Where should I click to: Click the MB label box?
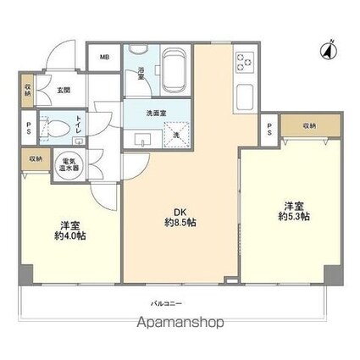tap(105, 58)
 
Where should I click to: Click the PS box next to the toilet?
tap(27, 128)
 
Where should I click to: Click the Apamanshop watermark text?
tap(179, 323)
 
